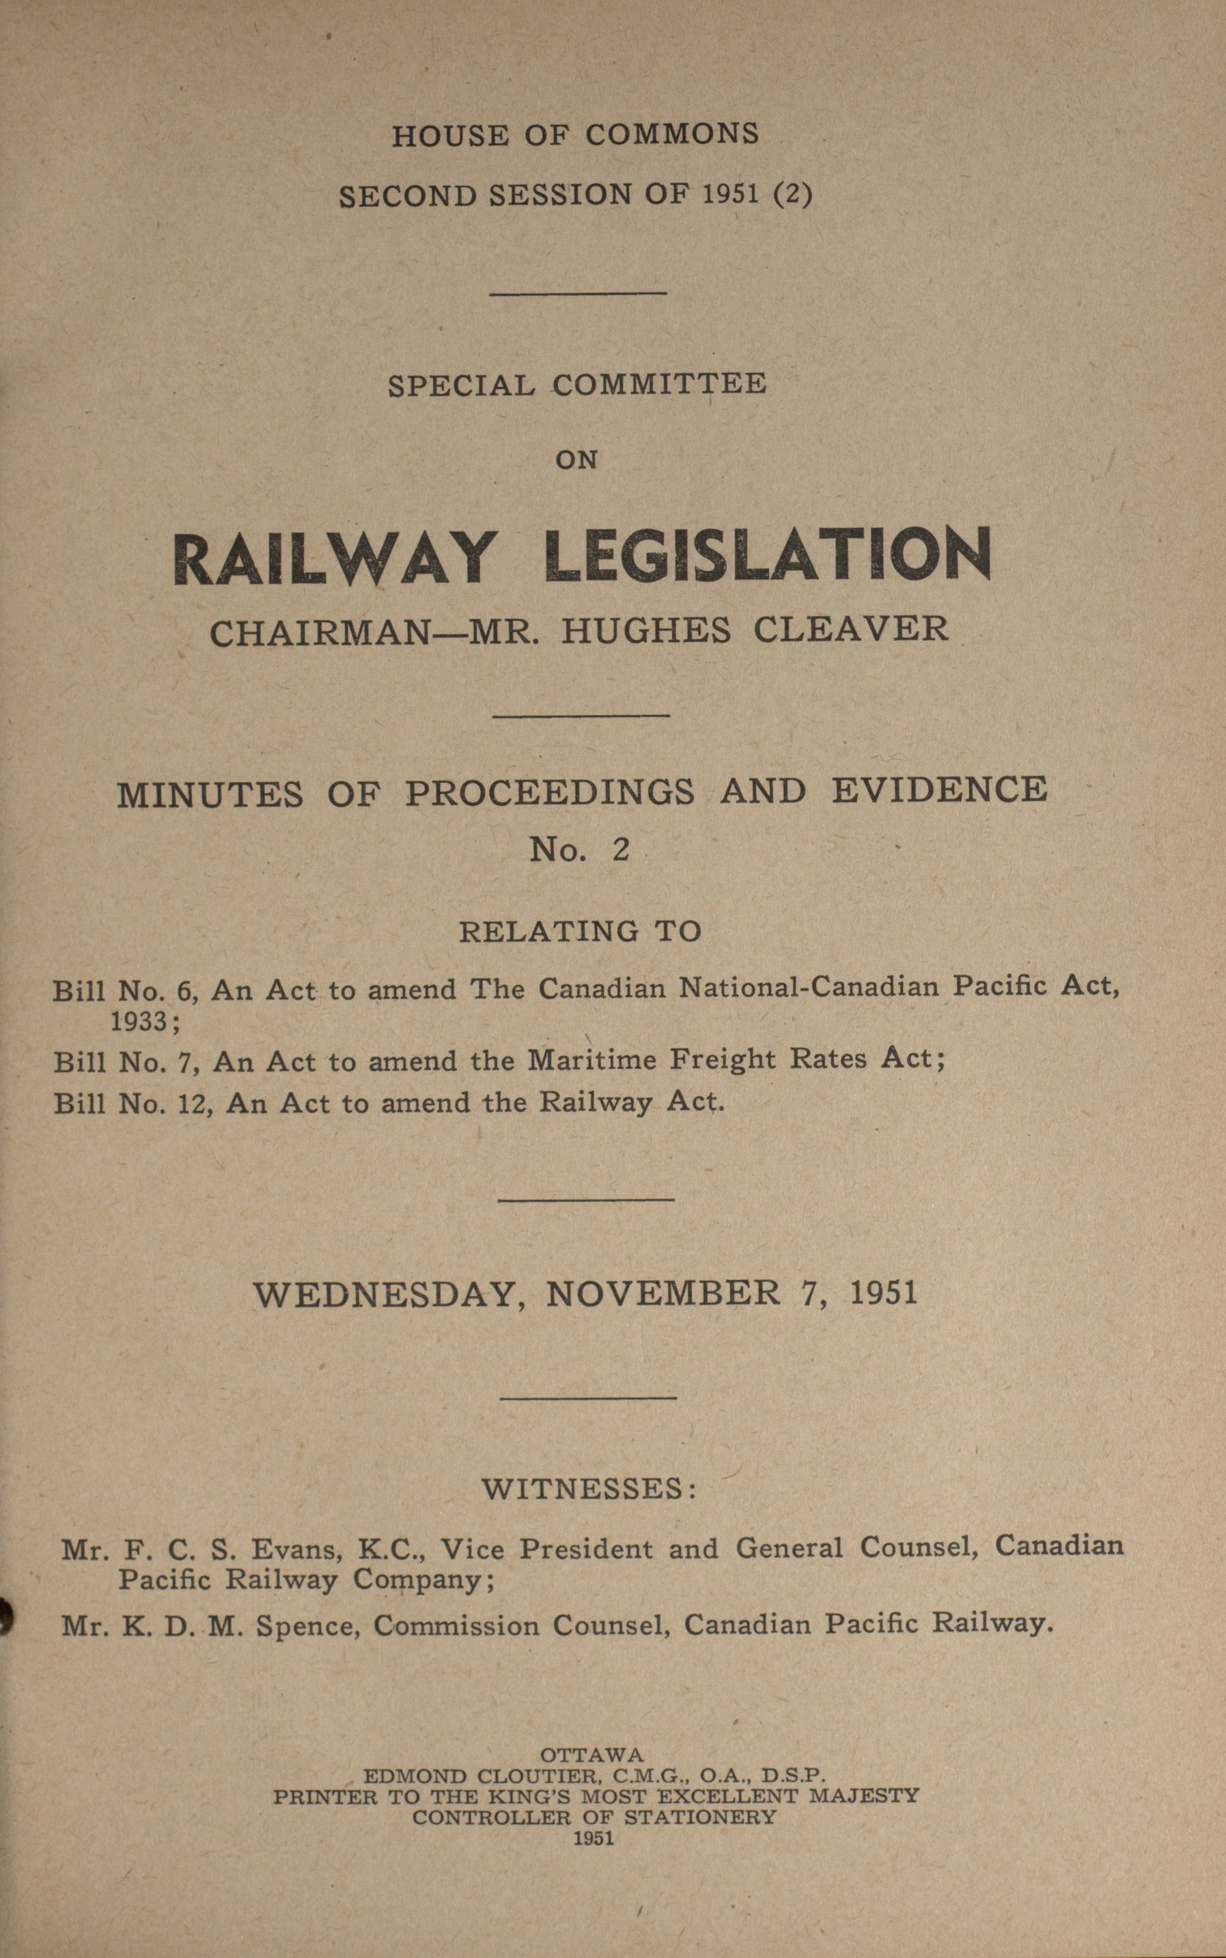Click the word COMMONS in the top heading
[672, 135]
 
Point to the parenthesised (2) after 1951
[792, 195]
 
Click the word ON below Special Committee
[576, 460]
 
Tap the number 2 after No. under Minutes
[621, 850]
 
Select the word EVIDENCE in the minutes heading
[939, 789]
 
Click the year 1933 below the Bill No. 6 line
[139, 1022]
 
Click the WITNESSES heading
[589, 1489]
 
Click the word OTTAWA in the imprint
[592, 1755]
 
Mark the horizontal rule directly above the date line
[585, 1199]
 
